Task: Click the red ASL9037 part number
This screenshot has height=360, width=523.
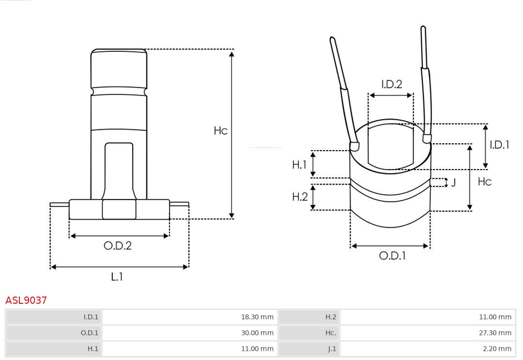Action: (26, 300)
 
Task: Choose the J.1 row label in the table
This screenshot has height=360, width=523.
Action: (332, 349)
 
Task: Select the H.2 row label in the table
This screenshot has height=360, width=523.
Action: (330, 317)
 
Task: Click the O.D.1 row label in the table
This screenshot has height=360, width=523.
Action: (89, 333)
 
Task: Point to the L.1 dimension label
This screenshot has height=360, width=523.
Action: (117, 277)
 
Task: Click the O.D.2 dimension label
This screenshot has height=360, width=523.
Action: (118, 246)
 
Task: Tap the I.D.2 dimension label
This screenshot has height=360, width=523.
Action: (391, 84)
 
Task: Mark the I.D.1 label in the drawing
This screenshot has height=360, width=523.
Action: (499, 144)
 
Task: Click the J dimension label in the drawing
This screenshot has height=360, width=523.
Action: (453, 183)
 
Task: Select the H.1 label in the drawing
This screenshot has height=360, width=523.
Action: (299, 165)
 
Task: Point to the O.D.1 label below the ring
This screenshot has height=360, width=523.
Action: (392, 256)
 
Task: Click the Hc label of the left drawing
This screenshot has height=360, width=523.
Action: (220, 131)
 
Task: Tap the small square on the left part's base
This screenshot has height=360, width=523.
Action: (119, 209)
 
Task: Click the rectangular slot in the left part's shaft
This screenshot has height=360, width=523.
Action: (119, 170)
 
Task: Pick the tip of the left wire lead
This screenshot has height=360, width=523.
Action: (332, 39)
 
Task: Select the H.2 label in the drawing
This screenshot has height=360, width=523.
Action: (300, 197)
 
